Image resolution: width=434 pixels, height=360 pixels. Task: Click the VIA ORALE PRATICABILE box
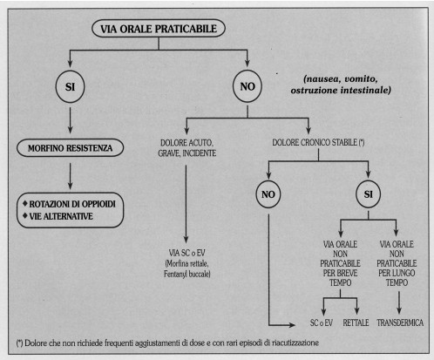(x=159, y=29)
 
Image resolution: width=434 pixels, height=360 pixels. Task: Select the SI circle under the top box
(x=70, y=86)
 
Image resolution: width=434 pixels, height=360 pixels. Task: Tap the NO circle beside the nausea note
(x=248, y=86)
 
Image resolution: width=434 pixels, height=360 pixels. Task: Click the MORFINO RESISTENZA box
(x=70, y=148)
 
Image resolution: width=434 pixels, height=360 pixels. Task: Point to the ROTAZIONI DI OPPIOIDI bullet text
(x=72, y=204)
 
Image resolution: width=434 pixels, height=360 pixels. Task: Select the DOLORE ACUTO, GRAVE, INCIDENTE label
(x=186, y=148)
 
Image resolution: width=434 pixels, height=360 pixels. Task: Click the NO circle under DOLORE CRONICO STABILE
(x=268, y=194)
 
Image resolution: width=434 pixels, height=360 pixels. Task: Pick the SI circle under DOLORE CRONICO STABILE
(x=369, y=194)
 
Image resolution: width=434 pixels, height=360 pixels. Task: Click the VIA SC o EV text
(x=186, y=253)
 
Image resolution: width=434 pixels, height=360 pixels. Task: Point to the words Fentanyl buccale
(x=187, y=274)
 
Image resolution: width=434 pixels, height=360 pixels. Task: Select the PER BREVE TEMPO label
(x=340, y=278)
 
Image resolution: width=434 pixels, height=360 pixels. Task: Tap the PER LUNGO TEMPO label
(x=397, y=278)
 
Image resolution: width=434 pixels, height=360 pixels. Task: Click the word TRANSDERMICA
(x=400, y=323)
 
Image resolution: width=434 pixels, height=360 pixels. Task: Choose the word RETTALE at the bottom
(x=356, y=323)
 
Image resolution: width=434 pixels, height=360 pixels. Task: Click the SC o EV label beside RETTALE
(x=322, y=323)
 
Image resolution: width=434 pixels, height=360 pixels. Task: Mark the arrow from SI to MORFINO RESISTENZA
(x=70, y=120)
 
